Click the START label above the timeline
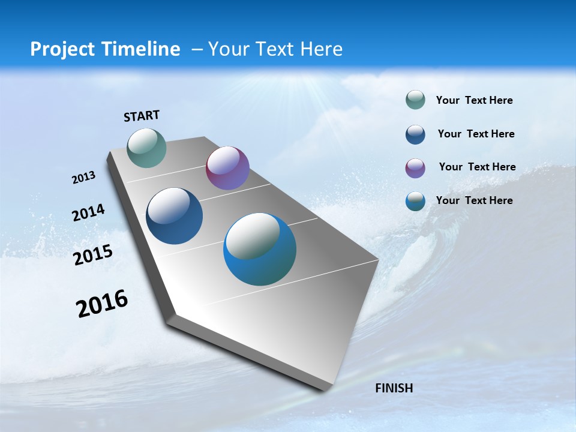(142, 116)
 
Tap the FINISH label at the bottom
(394, 388)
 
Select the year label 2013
(84, 178)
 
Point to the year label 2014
(88, 212)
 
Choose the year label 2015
(93, 255)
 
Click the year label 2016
(102, 304)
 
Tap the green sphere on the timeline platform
(146, 148)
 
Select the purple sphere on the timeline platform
(227, 168)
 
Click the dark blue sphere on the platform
(175, 216)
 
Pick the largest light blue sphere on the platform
(260, 249)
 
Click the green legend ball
(415, 100)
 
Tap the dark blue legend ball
(415, 134)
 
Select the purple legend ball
(415, 168)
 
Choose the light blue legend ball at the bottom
(415, 201)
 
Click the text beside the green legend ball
(474, 100)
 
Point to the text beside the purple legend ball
(477, 167)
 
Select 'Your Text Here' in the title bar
(275, 49)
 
